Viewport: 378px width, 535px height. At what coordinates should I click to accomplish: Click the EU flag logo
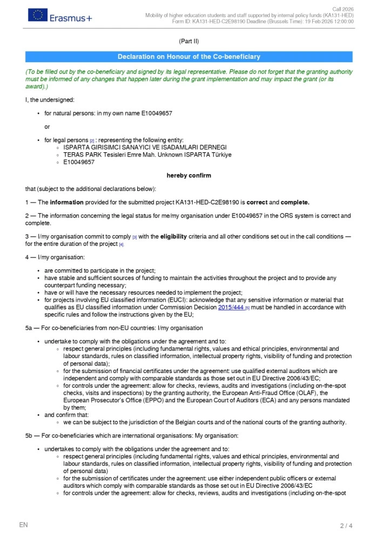tap(37, 16)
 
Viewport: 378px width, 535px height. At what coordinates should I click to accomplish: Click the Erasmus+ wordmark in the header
tap(71, 18)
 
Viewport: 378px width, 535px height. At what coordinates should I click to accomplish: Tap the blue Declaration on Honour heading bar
tap(189, 57)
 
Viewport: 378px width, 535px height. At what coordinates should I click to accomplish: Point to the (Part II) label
tap(189, 41)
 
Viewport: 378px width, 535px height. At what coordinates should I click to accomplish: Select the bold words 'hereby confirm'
tap(189, 175)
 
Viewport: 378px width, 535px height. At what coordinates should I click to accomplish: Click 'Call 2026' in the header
tap(343, 10)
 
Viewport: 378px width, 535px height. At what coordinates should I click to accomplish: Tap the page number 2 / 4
tap(346, 525)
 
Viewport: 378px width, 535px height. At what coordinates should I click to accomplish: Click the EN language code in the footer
tap(23, 525)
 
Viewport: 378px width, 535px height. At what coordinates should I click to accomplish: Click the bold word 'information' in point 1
tap(67, 202)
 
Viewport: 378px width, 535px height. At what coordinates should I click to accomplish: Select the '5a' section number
tap(29, 328)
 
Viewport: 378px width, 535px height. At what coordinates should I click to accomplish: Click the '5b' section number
tap(29, 435)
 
